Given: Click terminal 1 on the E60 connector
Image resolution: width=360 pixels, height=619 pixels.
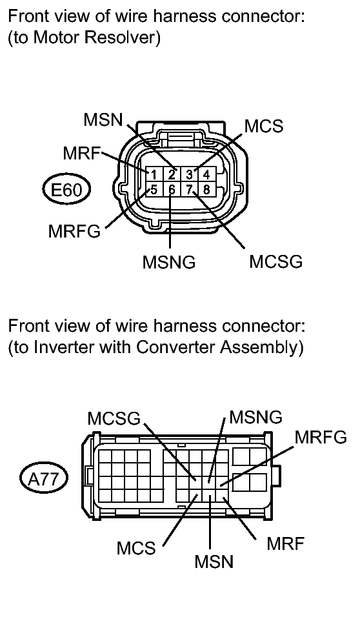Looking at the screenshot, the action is point(154,174).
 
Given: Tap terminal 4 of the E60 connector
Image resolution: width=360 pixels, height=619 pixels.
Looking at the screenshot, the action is point(206,174).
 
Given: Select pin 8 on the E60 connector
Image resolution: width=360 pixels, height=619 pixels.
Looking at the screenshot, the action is point(206,190).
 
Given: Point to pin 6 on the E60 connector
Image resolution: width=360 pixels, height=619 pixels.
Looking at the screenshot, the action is point(172,190).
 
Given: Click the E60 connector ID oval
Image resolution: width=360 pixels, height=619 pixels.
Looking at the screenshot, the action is point(66,190).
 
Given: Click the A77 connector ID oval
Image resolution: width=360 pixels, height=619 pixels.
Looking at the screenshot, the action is point(44,479).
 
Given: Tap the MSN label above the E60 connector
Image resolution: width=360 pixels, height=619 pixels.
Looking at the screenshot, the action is point(103,119).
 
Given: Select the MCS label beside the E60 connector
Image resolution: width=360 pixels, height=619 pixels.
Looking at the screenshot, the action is point(264,126).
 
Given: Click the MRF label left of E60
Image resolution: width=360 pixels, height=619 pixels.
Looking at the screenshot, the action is point(82,153).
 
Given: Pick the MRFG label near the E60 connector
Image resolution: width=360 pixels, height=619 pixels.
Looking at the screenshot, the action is point(75,231).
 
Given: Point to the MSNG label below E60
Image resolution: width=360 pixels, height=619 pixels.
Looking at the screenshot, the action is point(169,261).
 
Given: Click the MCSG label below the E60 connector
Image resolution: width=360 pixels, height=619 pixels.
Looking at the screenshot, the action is point(276,261).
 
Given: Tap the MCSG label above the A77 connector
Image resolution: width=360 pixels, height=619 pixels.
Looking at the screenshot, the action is point(114,418).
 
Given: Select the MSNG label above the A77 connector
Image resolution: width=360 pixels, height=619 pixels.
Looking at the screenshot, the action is point(256,417).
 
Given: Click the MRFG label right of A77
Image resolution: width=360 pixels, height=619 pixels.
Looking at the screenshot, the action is point(321,437).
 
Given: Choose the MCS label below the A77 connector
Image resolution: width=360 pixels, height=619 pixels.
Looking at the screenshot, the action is point(136,548).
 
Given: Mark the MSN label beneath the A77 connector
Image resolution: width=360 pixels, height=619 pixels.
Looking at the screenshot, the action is point(214,562).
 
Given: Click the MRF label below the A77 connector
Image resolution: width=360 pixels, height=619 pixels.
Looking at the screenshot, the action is point(286,543).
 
